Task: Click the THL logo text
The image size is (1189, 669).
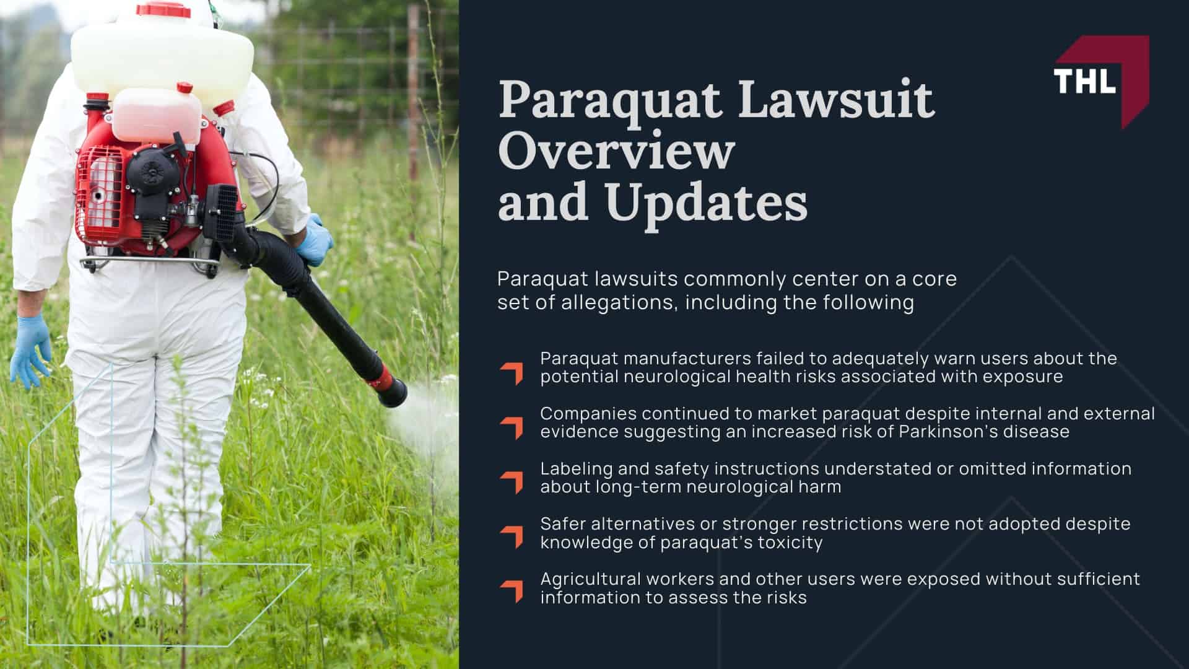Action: pyautogui.click(x=1084, y=81)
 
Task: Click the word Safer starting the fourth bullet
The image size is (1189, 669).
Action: pyautogui.click(x=563, y=524)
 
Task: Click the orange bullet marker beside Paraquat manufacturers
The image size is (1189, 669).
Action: pyautogui.click(x=512, y=373)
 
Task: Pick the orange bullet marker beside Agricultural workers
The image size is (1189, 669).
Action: pyautogui.click(x=512, y=591)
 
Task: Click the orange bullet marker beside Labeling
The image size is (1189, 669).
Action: pyautogui.click(x=512, y=482)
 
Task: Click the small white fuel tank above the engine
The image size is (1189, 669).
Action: pyautogui.click(x=156, y=115)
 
